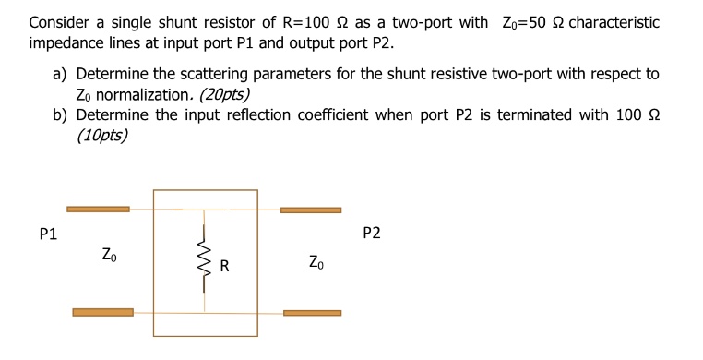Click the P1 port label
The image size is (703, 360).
tap(48, 234)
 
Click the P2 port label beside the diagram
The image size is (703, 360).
tap(371, 234)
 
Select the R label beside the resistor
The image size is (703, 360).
tap(223, 268)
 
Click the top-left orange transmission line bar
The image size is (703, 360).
tap(98, 210)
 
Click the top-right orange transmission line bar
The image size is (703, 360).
tap(310, 210)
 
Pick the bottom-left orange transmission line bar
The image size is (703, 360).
tap(102, 312)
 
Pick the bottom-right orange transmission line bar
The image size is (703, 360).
tap(312, 313)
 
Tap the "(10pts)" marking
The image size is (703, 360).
tap(102, 136)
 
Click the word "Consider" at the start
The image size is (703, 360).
tap(59, 22)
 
